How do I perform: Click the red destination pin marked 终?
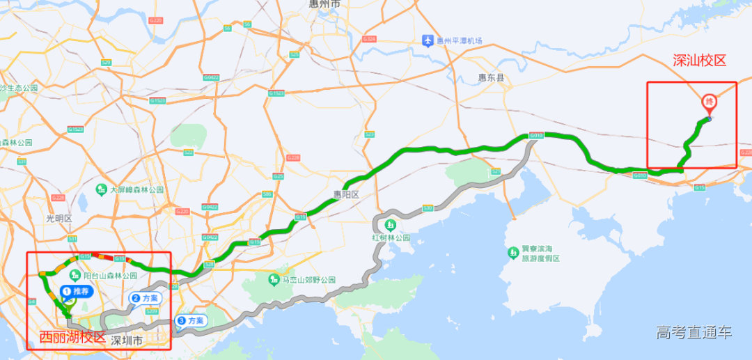click(710, 103)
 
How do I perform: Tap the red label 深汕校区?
click(699, 61)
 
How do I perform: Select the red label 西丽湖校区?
click(72, 338)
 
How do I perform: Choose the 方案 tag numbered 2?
click(145, 298)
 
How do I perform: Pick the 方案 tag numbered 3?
click(191, 320)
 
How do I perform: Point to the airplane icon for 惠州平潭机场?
click(428, 40)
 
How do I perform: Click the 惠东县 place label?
click(491, 78)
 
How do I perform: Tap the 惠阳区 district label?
click(345, 195)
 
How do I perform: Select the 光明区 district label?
click(59, 218)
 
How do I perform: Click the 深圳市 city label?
click(127, 341)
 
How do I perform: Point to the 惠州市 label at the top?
click(325, 4)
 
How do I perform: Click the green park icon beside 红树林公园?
click(389, 225)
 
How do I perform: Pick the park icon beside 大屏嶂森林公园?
click(102, 189)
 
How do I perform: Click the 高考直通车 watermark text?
click(694, 333)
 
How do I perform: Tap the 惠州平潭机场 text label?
click(460, 40)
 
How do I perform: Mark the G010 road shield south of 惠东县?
click(535, 136)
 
